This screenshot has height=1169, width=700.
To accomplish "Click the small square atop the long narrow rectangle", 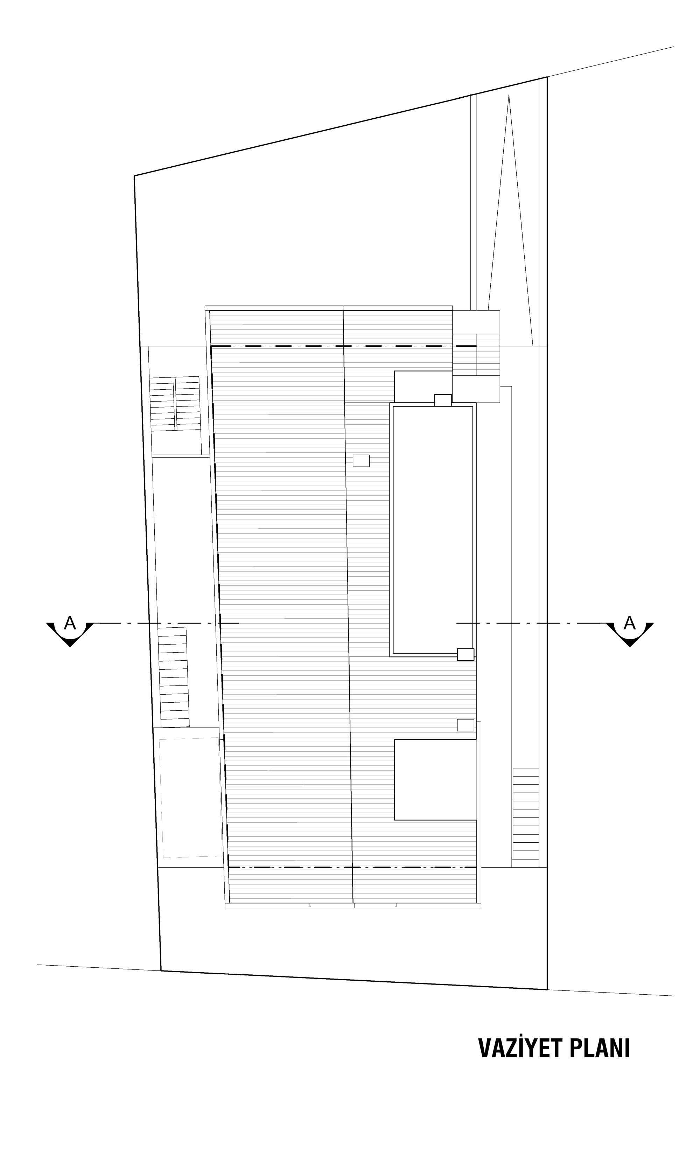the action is pos(443,400).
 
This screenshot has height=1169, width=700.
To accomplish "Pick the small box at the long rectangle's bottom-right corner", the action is pos(465,654).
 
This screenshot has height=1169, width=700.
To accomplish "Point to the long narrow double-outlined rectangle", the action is pos(433,529).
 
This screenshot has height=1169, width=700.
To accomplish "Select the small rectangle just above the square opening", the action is pos(465,725).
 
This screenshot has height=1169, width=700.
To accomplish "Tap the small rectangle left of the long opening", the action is pos(361,460).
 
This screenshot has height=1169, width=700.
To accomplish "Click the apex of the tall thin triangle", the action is pos(509,95).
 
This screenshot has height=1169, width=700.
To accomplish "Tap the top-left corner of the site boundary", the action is pos(134,176).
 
